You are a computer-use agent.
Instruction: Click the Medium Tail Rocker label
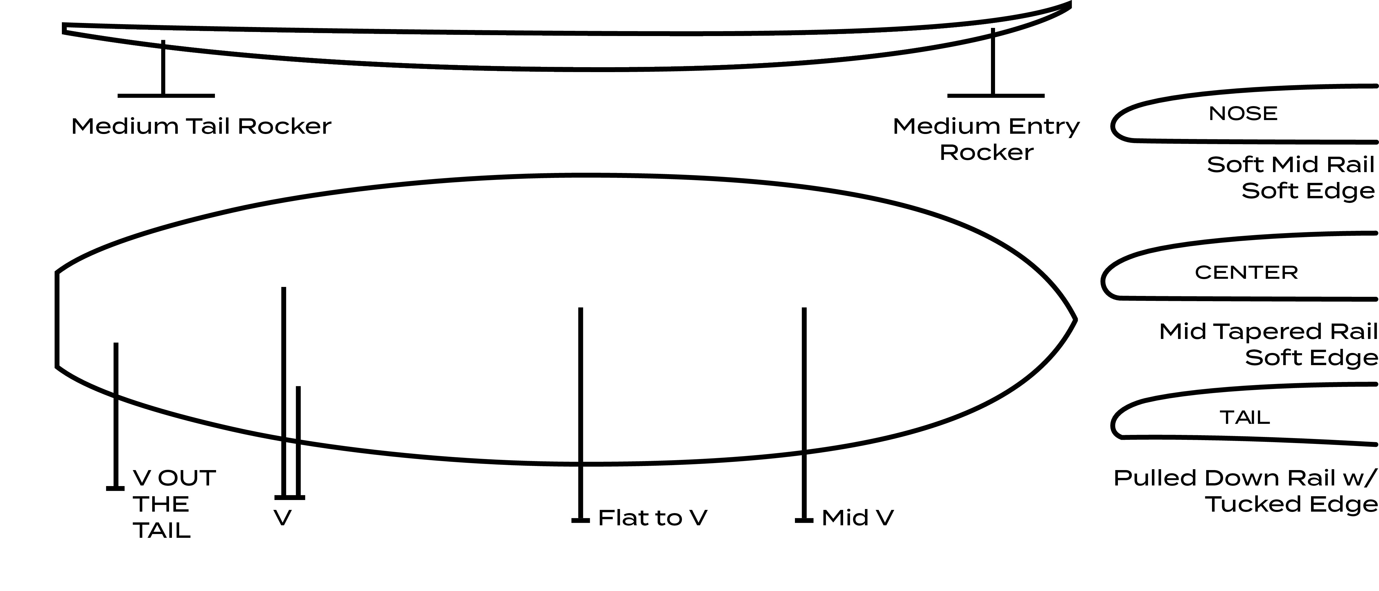201,126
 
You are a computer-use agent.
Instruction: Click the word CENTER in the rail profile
1246,273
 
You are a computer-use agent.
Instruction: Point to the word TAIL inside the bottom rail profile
1245,417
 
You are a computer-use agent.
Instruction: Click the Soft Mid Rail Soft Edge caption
1290,177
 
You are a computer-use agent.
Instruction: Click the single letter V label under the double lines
283,517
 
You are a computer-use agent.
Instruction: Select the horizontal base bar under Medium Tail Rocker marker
166,96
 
